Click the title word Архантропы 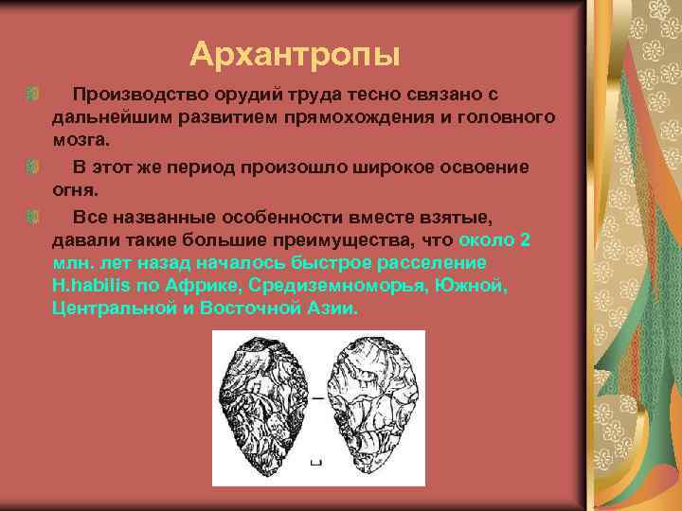coord(295,54)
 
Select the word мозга coord(80,140)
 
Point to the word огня coord(74,188)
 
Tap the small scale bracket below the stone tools coord(316,463)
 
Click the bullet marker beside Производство coord(34,95)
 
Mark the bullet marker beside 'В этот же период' coord(34,167)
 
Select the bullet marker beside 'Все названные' coord(34,215)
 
